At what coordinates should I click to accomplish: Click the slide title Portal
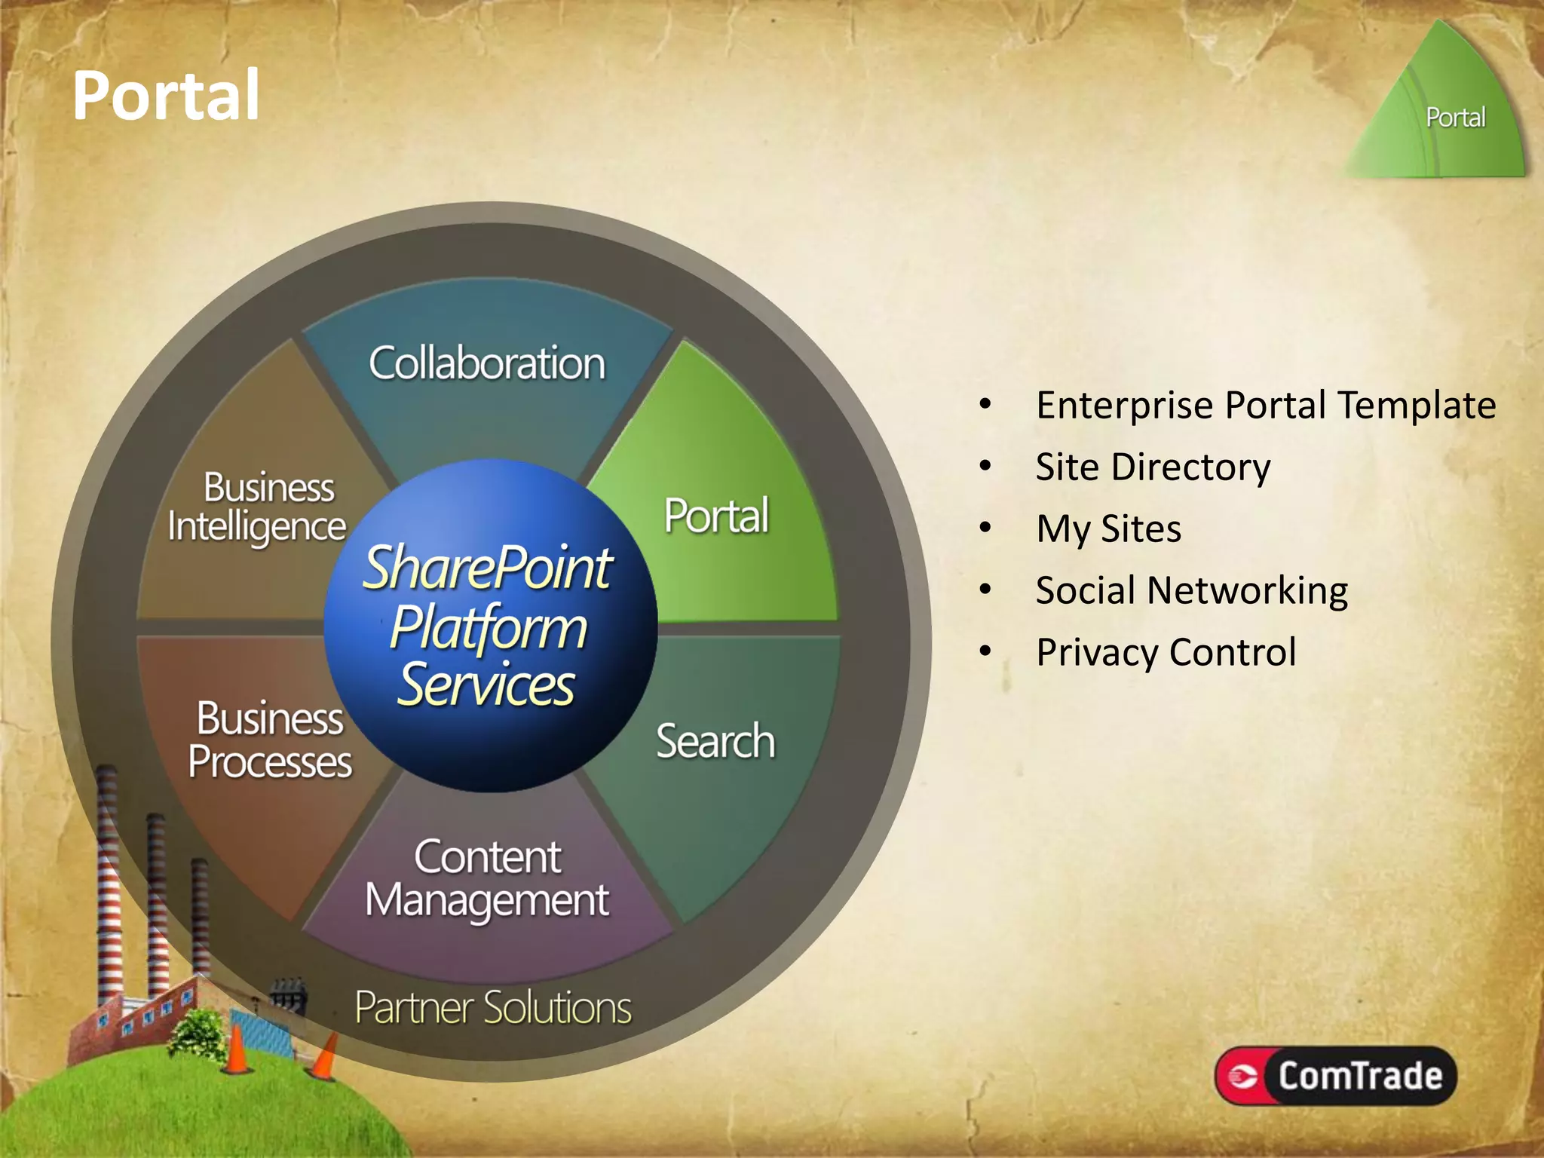coord(166,96)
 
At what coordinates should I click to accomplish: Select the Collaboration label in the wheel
coord(487,363)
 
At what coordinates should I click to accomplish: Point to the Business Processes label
coord(270,740)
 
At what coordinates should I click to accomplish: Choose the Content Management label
coord(487,878)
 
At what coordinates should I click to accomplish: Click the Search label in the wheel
coord(715,741)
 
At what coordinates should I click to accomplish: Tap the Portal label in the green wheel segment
coord(716,516)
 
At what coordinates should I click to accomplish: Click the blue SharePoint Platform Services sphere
coord(490,626)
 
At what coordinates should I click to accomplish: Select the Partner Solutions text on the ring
coord(493,1007)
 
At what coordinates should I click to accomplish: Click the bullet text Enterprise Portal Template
coord(1266,405)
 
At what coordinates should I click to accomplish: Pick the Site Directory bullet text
coord(1153,467)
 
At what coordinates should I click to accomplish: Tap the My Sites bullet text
coord(1108,528)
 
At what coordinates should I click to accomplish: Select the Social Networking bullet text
coord(1191,590)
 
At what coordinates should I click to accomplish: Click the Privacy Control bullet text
coord(1166,652)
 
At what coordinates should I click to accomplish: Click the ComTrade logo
coord(1335,1076)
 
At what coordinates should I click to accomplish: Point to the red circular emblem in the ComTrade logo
coord(1242,1076)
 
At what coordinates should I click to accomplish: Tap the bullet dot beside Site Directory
coord(985,466)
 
